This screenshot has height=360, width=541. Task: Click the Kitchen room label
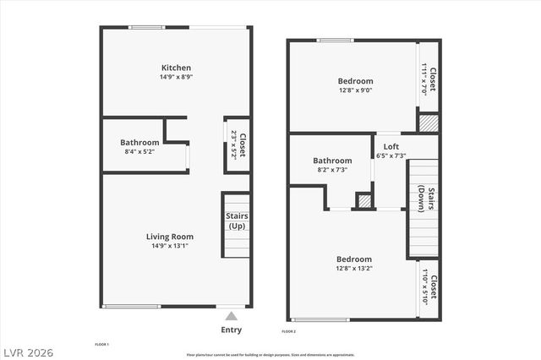point(176,68)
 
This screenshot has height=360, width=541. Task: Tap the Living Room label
point(170,237)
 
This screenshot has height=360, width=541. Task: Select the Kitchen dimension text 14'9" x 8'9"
point(176,78)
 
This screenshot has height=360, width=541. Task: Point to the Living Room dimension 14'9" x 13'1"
point(170,247)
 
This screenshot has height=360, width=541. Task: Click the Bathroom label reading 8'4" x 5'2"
point(139,143)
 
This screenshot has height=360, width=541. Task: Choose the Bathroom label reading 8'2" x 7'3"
point(332,161)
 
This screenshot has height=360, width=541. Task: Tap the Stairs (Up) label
point(236,221)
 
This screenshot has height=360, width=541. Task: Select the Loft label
point(390,145)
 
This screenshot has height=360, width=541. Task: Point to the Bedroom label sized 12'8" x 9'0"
point(355,81)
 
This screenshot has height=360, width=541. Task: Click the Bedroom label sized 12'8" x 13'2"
point(354,259)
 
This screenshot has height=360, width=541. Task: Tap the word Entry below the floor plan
point(231,330)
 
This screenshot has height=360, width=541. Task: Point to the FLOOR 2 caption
point(288,332)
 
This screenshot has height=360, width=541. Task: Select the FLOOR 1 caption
point(101,345)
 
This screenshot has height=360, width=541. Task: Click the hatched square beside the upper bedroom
point(429,123)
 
